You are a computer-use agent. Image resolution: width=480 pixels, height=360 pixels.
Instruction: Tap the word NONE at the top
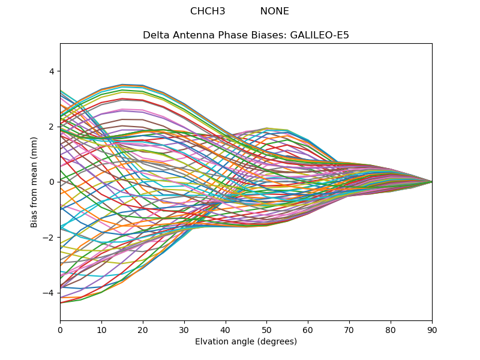pos(274,11)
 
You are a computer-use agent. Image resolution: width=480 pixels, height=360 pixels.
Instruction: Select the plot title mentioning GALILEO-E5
pos(246,35)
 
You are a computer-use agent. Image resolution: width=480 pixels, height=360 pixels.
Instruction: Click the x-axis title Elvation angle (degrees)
pos(246,342)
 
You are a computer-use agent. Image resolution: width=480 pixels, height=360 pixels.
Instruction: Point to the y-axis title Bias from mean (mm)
pos(34,182)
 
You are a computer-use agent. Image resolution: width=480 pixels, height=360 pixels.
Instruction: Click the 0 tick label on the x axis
pos(60,329)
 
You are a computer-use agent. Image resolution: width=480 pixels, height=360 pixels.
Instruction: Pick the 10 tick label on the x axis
pos(101,329)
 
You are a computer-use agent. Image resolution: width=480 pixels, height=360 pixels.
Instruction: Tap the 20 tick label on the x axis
pos(143,329)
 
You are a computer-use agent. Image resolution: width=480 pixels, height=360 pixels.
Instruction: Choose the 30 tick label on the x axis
pos(184,329)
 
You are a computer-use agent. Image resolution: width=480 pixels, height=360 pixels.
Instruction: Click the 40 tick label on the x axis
pos(226,329)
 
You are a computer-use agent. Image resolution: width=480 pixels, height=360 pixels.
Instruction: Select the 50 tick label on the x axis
pos(266,329)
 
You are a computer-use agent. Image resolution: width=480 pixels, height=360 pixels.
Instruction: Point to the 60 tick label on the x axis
pos(308,329)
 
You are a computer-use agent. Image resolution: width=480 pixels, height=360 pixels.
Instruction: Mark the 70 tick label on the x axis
pos(349,329)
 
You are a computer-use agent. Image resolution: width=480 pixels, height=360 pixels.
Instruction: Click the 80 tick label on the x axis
pos(391,329)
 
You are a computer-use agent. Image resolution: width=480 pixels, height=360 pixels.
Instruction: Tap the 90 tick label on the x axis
pos(432,329)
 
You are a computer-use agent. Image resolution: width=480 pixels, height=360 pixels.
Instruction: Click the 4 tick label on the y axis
pos(52,71)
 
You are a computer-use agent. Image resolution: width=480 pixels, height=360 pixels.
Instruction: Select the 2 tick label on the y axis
pos(52,127)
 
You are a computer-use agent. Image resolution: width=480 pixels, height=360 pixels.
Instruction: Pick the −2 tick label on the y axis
pos(49,238)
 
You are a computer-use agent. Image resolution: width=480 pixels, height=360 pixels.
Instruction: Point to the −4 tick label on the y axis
pos(49,293)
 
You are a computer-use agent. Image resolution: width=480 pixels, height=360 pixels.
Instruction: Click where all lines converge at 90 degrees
pos(431,182)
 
